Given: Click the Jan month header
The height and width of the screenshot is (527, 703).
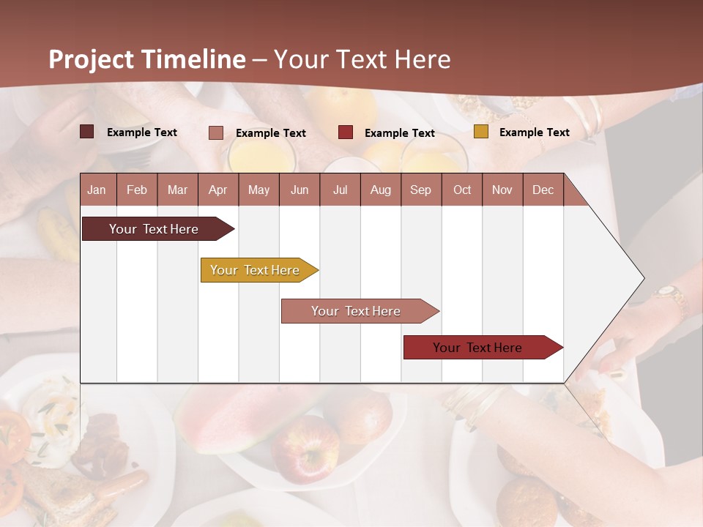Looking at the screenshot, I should pos(97,190).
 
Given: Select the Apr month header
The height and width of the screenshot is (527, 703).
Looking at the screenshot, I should pos(217,190).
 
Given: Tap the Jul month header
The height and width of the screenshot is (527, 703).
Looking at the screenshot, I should pos(340,190).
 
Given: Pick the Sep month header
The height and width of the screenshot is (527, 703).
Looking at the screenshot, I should pos(420,190).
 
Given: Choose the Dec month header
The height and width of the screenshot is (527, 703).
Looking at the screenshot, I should pos(543,190).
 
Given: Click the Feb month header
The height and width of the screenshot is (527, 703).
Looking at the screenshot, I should pos(137,190).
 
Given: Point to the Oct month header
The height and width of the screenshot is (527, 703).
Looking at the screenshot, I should pos(462,190).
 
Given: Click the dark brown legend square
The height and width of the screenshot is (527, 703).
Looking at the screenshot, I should pos(86,132).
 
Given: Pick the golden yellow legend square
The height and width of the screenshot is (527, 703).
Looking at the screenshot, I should pos(480,132).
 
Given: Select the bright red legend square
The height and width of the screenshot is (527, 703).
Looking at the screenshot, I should pos(346,132).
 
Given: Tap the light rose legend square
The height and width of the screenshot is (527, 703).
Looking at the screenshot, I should pos(215,132).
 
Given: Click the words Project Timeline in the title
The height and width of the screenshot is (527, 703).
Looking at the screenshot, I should pos(147,59).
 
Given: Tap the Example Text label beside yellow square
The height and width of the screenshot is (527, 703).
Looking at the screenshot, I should pos(534,132).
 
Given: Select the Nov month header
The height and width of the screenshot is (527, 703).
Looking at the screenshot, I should pos(502,190).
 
